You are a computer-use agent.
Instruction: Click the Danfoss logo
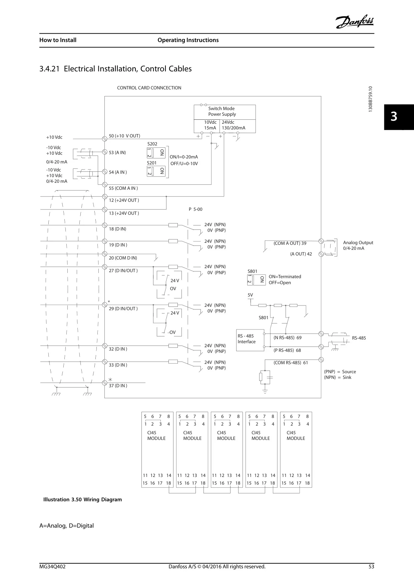coord(354,22)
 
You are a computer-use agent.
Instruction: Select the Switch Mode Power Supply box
coord(225,119)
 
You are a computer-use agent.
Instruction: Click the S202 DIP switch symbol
coord(156,153)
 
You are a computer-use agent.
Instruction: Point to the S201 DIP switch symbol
coord(156,171)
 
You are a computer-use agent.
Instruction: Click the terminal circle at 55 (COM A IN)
coord(104,184)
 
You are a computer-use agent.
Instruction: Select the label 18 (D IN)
coord(118,229)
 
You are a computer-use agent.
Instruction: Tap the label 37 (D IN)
coord(118,386)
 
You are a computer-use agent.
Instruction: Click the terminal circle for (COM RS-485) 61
coord(321,360)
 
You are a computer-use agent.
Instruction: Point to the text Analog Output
coord(358,242)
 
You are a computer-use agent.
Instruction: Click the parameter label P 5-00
coord(195,209)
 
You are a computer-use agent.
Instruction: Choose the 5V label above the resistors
coord(250,295)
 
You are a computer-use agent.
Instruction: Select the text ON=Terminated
coord(285,276)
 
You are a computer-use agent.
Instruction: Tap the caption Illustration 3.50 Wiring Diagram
coord(83,499)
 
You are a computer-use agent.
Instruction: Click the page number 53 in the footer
coord(371,566)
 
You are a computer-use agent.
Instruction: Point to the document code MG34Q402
coord(52,566)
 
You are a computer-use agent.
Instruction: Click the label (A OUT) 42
coord(301,254)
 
